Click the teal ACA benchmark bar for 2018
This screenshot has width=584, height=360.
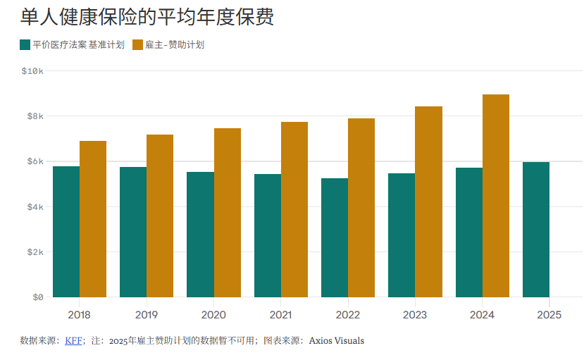[x=66, y=232]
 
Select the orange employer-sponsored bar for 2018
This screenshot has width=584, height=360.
[x=93, y=219]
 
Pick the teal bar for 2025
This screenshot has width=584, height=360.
[x=535, y=230]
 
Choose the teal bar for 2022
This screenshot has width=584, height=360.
[x=335, y=237]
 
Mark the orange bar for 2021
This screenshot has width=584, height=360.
[x=294, y=209]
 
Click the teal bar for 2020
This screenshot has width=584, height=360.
[x=200, y=235]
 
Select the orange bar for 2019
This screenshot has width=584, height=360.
[x=160, y=216]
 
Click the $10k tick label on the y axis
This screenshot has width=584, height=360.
[x=32, y=71]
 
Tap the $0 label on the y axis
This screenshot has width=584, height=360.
[x=37, y=297]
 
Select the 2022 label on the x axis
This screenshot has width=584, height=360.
[x=347, y=315]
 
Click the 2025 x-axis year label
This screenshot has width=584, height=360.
[x=549, y=315]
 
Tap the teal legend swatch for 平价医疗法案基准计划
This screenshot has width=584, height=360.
[x=25, y=45]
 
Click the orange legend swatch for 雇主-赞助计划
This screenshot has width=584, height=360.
[x=137, y=45]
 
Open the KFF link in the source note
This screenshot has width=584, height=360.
[x=73, y=341]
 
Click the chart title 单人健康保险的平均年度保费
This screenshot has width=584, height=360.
[x=147, y=17]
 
